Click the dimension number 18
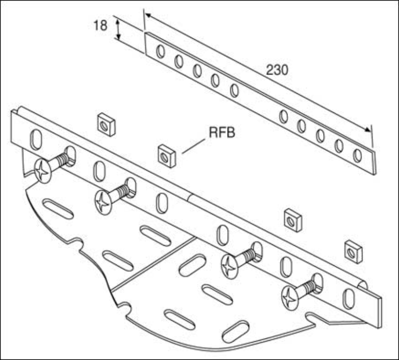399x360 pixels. pos(101,25)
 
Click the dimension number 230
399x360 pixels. pos(277,70)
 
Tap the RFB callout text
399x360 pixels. pos(222,133)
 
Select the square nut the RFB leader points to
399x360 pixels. pos(167,156)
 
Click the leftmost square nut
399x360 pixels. pos(107,124)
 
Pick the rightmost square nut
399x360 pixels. pos(354,252)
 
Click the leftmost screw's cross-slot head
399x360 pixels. pos(43,171)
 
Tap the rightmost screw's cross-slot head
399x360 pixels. pos(290,298)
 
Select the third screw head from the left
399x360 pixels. pos(230,267)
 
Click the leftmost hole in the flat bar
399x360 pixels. pos(160,51)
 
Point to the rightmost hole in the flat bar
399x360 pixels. pos(357,156)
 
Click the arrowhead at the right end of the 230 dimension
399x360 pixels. pos(368,129)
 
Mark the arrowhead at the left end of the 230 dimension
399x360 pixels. pos(148,15)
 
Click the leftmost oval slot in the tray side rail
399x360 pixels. pos(36,139)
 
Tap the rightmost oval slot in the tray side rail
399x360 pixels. pos(348,299)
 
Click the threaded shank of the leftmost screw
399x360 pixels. pos(62,160)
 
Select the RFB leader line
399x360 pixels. pos(193,146)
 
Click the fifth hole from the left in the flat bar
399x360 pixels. pos(234,90)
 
